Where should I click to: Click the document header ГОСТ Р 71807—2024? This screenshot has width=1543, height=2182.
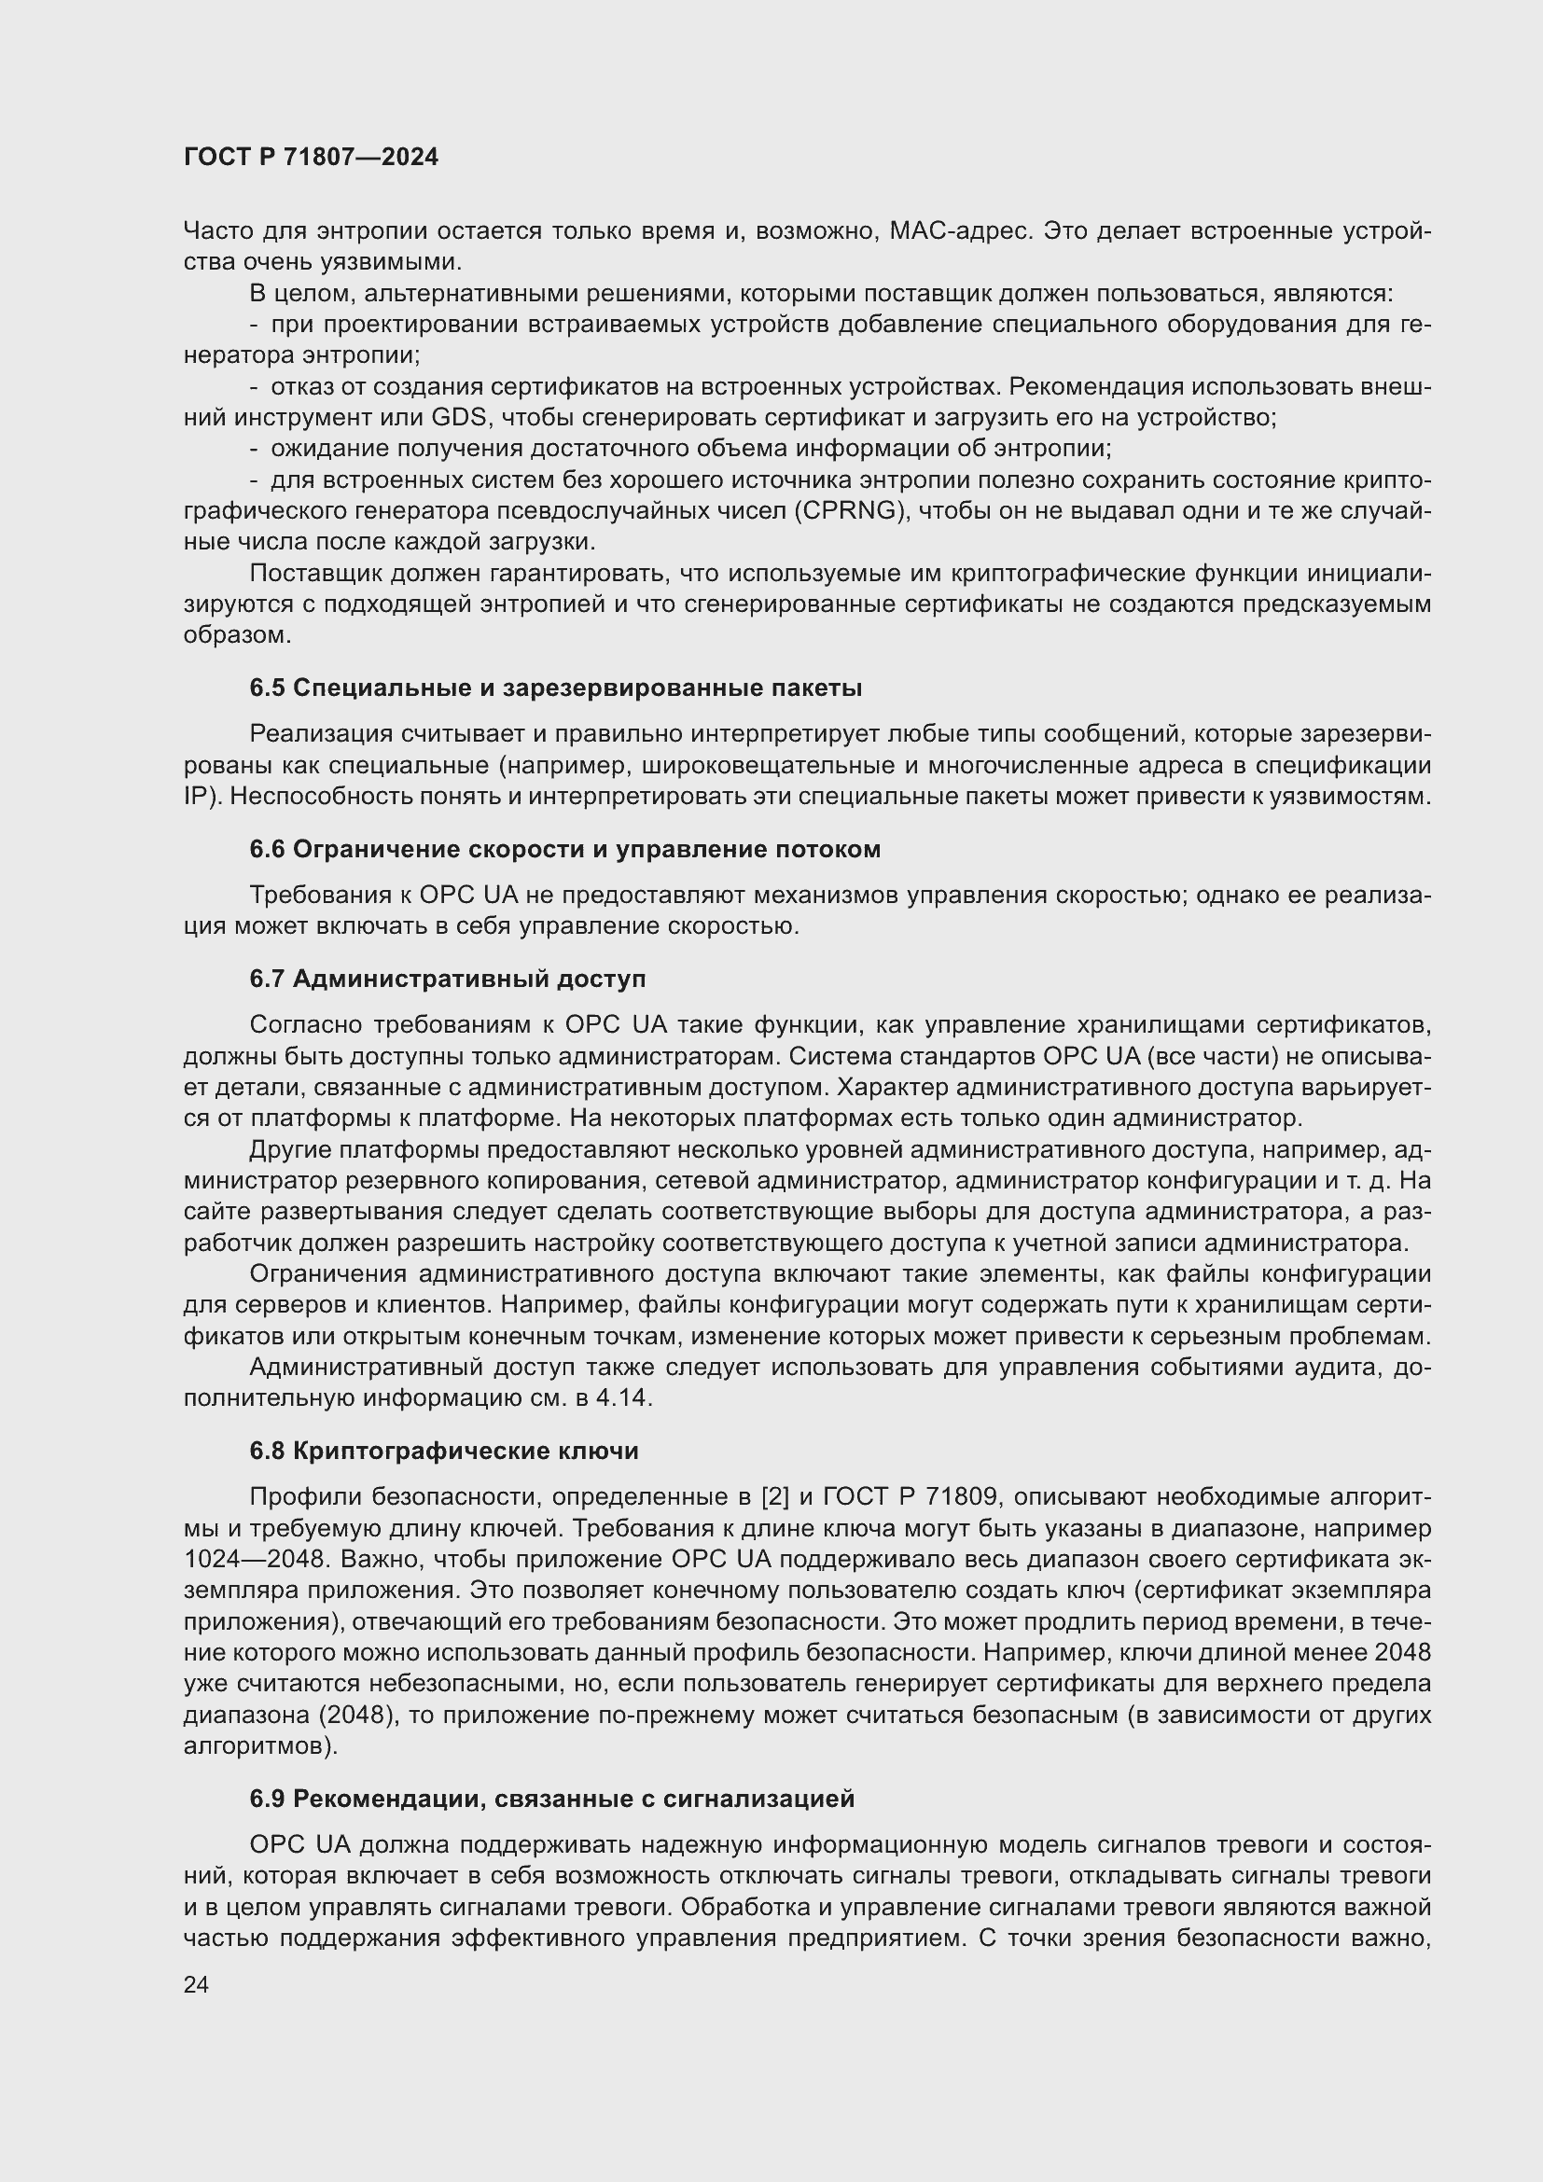[311, 158]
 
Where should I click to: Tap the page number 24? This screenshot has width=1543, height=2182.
[196, 1984]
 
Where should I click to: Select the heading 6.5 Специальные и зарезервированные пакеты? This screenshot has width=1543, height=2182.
[556, 688]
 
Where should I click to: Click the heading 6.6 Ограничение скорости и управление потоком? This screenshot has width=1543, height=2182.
[564, 850]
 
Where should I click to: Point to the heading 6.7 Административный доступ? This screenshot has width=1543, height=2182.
[448, 979]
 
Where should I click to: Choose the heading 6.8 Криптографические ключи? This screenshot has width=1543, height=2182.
[444, 1452]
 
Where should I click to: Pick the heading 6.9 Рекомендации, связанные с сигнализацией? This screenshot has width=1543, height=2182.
[552, 1799]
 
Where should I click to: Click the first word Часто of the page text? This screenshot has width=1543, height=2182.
[217, 231]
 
